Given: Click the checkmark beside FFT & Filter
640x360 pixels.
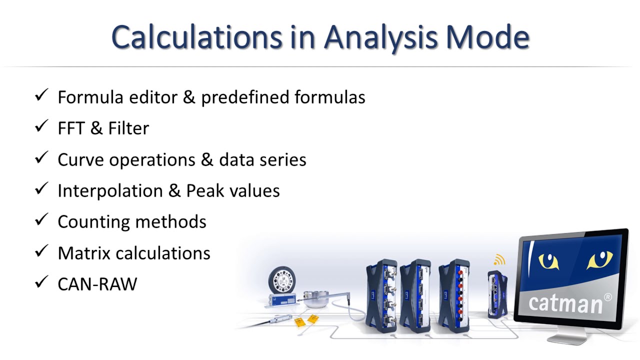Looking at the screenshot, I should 41,127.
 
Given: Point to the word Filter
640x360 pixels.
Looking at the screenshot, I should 128,128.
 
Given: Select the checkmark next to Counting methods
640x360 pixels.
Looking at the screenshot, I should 41,220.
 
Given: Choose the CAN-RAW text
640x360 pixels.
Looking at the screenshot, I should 97,284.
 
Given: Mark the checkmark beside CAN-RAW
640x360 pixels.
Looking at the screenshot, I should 41,283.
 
